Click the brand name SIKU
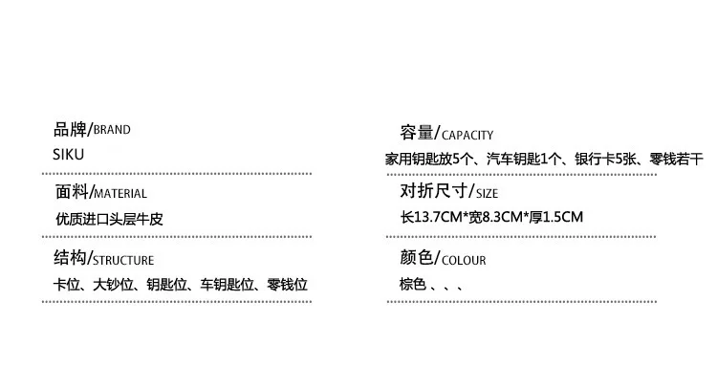[69, 155]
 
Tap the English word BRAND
[112, 130]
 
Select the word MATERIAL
[120, 194]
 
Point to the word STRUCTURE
[123, 261]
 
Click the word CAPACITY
[467, 136]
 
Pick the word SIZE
[487, 194]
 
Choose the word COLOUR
[464, 261]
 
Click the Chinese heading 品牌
[70, 129]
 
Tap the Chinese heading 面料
[72, 192]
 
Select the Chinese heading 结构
[71, 258]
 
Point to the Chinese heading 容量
[417, 133]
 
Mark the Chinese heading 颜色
[417, 258]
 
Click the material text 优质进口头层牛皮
[109, 219]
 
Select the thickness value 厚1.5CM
[556, 217]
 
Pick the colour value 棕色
[413, 284]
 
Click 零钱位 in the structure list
[287, 285]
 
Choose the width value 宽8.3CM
[495, 217]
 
